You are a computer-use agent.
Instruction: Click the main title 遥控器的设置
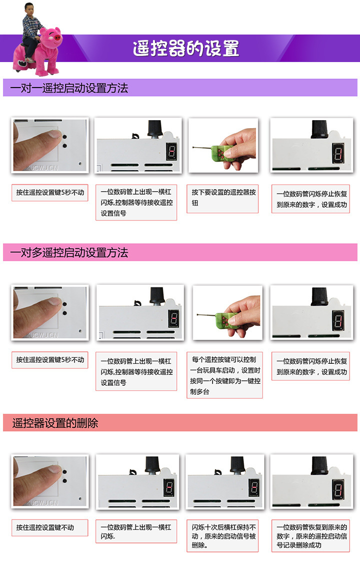(186, 49)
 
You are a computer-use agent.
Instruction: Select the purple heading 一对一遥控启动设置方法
(69, 88)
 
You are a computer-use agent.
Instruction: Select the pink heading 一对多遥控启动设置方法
(69, 253)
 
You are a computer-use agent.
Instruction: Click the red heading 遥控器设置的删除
(55, 423)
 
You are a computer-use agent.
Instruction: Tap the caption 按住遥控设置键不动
(45, 527)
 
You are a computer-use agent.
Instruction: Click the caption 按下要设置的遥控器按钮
(223, 198)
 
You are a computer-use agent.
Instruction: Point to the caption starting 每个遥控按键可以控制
(225, 375)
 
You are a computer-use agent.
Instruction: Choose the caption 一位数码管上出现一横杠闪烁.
(136, 531)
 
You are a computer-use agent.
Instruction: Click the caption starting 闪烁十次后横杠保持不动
(223, 536)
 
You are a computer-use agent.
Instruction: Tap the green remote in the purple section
(222, 154)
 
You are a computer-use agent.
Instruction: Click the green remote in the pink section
(226, 320)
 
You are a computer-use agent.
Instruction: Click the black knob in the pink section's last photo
(319, 296)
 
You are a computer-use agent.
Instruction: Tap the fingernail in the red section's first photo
(54, 469)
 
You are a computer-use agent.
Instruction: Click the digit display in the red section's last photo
(338, 489)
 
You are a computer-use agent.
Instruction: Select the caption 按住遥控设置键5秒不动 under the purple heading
(50, 192)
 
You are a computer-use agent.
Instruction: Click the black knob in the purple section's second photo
(155, 129)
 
